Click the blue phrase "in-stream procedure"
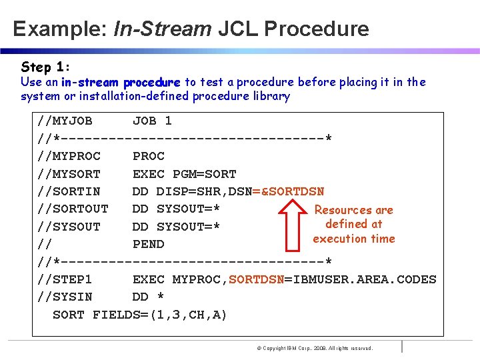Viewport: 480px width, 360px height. click(x=121, y=83)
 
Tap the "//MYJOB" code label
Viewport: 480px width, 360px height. click(x=65, y=121)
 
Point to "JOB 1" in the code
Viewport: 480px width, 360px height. click(x=152, y=121)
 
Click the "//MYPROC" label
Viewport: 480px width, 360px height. click(x=69, y=156)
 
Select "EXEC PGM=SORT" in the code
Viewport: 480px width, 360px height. click(x=185, y=174)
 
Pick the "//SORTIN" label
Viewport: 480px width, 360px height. click(x=69, y=191)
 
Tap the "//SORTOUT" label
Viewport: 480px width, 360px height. click(x=73, y=209)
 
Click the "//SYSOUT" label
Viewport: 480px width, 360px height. click(x=69, y=227)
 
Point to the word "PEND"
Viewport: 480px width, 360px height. click(x=149, y=244)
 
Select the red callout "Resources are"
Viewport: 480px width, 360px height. click(x=353, y=210)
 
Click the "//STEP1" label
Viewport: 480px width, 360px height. click(x=65, y=279)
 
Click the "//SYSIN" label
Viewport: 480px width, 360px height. click(x=65, y=297)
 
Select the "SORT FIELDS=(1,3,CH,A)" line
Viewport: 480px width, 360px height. click(x=140, y=315)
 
